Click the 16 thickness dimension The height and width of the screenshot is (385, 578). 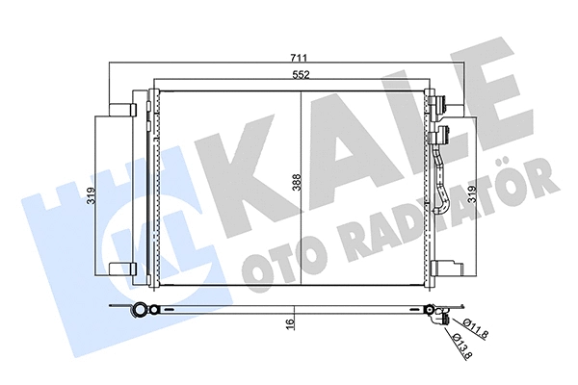(x=289, y=325)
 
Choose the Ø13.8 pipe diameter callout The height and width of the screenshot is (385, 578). (x=460, y=343)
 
